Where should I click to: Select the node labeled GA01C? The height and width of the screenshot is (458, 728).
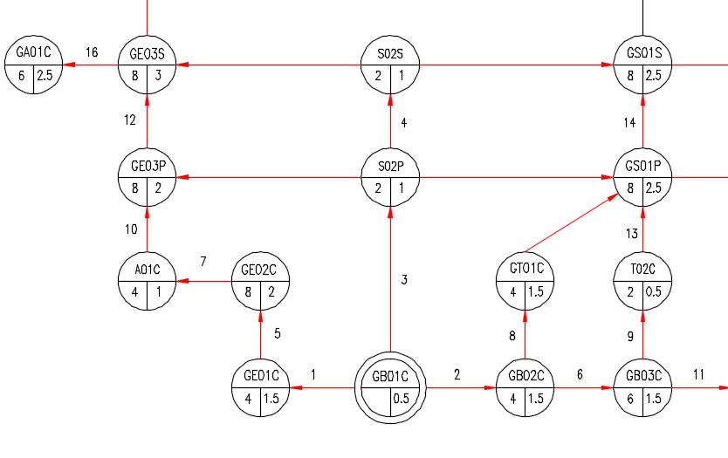(33, 65)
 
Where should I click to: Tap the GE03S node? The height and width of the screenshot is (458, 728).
(148, 65)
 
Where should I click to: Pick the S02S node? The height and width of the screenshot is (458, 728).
(390, 65)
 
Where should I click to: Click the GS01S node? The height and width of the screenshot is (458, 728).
(643, 65)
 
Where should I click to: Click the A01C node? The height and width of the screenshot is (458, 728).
(148, 281)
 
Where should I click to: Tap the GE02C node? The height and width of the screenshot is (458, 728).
(260, 281)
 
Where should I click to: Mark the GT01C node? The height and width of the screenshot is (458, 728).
(525, 281)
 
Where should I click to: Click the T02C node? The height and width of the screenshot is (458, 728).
(643, 281)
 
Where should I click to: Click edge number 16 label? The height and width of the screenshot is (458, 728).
(92, 52)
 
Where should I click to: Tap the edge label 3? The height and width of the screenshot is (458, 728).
(404, 280)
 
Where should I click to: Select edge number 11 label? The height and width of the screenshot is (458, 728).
(698, 374)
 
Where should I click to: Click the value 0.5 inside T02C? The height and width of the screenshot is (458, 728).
(653, 292)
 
